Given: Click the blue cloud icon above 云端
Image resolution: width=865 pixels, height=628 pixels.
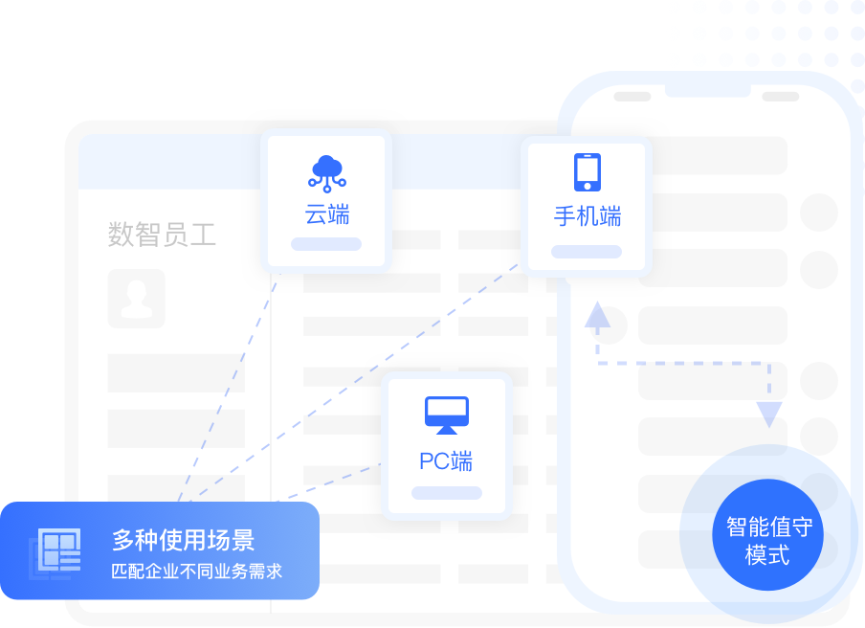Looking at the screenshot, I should point(327,172).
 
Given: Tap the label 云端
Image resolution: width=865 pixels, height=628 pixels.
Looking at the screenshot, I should point(327,214).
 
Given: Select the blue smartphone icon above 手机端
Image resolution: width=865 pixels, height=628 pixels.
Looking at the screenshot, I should point(587,172).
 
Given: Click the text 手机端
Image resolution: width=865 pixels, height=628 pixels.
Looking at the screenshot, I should point(587,216).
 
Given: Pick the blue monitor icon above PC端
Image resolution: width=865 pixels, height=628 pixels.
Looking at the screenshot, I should point(447,415).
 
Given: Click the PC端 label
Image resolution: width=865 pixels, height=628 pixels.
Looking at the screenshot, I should point(446,461).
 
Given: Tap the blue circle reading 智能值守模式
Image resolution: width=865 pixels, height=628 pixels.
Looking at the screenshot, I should point(768,540).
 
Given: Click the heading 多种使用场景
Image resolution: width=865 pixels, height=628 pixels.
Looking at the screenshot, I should point(183,540).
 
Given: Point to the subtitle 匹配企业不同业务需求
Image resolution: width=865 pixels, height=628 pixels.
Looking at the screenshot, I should point(196,572).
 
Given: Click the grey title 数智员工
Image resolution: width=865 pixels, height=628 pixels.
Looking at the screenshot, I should point(162,235).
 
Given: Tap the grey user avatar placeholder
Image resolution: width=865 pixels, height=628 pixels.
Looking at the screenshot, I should point(136,298).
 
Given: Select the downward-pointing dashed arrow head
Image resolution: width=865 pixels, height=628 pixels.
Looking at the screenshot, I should point(769,415).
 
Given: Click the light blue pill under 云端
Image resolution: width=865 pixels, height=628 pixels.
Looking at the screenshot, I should point(326,244).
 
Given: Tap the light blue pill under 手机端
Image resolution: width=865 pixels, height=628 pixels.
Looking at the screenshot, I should point(587,252).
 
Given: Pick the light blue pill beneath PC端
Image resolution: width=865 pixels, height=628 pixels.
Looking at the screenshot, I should point(447,493).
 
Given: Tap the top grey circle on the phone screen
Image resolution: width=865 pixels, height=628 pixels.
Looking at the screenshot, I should point(818,213).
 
